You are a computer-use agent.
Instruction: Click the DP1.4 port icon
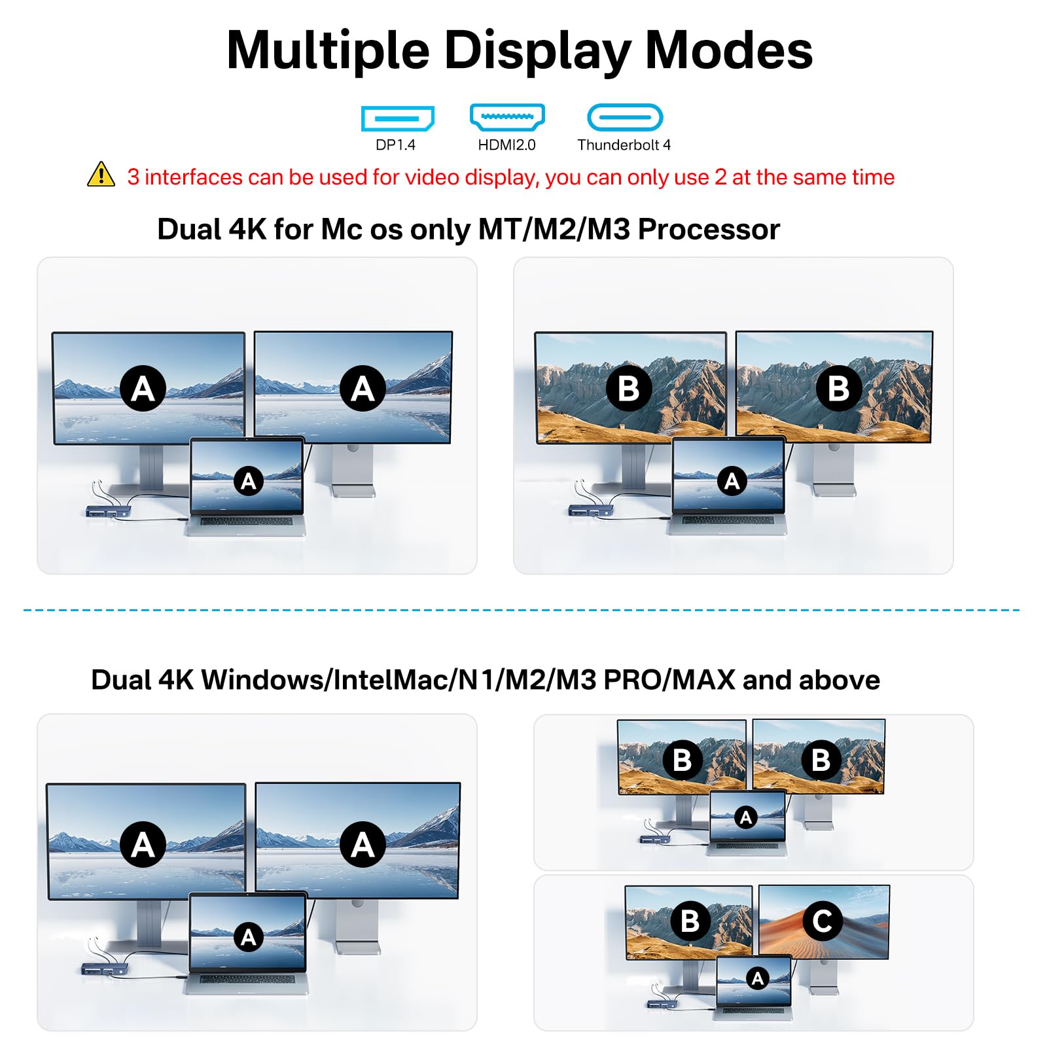[x=397, y=118]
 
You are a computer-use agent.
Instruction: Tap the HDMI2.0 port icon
[x=507, y=117]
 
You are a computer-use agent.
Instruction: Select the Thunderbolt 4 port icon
[x=625, y=118]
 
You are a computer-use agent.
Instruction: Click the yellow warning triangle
[x=101, y=175]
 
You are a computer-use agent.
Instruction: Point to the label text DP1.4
[x=395, y=145]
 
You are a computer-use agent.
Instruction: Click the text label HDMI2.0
[x=506, y=145]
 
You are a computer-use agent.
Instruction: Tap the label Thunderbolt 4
[x=624, y=145]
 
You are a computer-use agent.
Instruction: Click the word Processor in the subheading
[x=709, y=230]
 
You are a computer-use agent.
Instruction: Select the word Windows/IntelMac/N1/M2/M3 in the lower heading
[x=399, y=680]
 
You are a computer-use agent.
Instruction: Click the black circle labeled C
[x=822, y=921]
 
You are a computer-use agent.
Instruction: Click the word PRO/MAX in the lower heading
[x=669, y=680]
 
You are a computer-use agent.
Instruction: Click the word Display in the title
[x=538, y=51]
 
